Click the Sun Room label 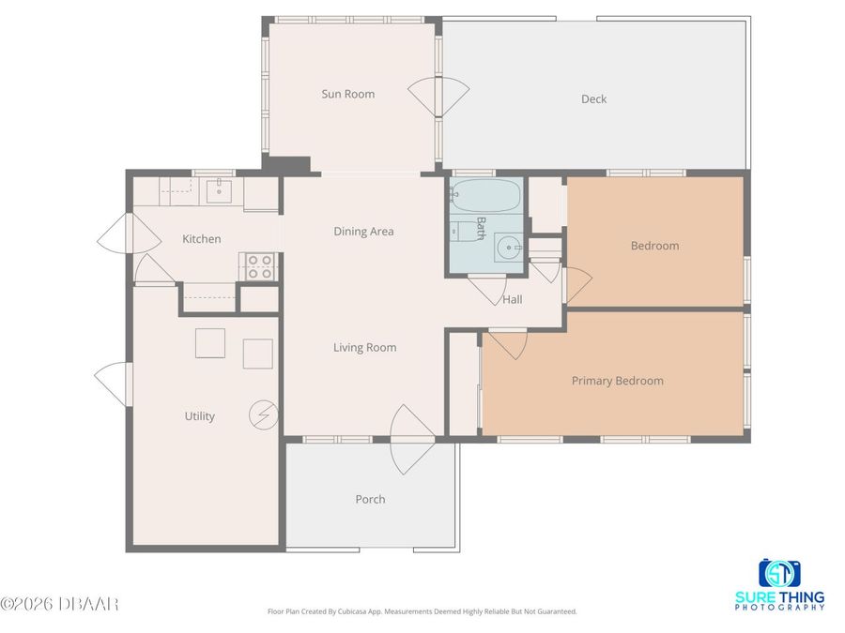(348, 94)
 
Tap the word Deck (593, 99)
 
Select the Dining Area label (363, 232)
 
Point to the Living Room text (364, 348)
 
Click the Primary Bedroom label (617, 381)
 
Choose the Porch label (370, 500)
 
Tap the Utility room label (199, 416)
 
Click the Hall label (513, 300)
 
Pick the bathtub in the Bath (485, 196)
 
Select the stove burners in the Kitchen (260, 266)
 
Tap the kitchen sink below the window (219, 191)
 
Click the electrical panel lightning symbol (263, 414)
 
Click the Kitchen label (202, 239)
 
